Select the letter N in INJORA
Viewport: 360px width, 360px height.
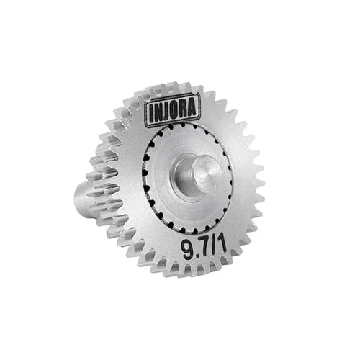tap(159, 112)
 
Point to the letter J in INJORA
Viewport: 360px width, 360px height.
tap(168, 112)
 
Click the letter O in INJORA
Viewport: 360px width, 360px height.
tap(176, 110)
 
